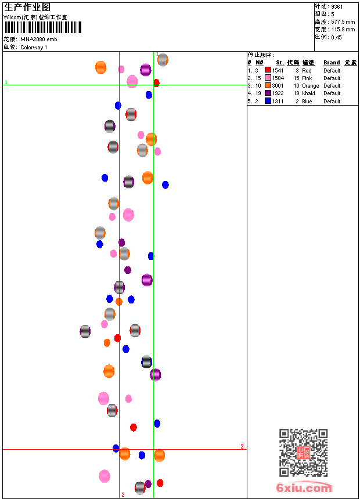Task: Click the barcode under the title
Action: point(43,27)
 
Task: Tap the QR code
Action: point(303,453)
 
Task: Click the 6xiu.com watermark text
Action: point(304,488)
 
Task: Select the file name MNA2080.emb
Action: point(39,39)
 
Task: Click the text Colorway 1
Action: point(34,47)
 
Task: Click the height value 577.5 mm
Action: point(343,22)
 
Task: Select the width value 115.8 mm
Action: point(343,30)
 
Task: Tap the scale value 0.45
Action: point(337,37)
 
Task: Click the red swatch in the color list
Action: point(268,70)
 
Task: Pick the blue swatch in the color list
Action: point(268,101)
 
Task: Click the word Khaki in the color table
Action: point(308,93)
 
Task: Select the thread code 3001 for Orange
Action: point(278,86)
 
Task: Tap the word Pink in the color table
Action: point(307,78)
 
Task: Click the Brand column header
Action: point(332,63)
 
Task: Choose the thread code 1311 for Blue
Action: point(278,101)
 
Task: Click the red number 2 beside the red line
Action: point(242,446)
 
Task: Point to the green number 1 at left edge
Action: point(6,83)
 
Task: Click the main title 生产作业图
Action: point(27,7)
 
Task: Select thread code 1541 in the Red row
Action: point(278,70)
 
